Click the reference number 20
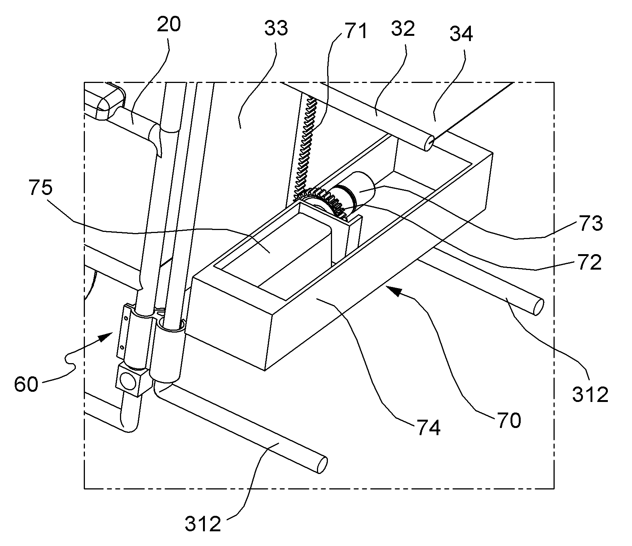(x=168, y=25)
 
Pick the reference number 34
(x=461, y=34)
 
